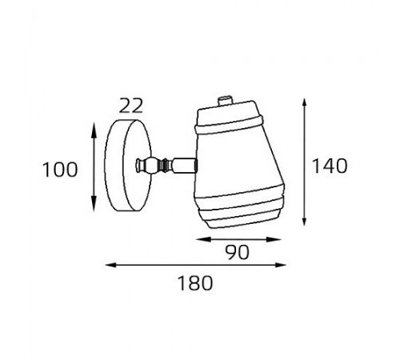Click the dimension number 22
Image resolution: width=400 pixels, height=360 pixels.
coord(131,106)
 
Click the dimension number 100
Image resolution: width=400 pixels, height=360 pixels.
coord(60,170)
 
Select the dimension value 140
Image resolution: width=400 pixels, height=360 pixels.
coord(330,166)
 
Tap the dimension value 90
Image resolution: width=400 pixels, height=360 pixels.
coord(238,252)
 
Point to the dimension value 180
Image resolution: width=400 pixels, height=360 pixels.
coord(195,283)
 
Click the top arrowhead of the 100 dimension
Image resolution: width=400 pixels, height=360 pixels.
coord(94,130)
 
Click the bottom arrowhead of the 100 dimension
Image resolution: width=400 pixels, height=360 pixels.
coord(94,203)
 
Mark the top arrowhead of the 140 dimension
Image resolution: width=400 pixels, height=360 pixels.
coord(304,106)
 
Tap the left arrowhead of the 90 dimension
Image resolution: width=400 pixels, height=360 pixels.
coord(203,239)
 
